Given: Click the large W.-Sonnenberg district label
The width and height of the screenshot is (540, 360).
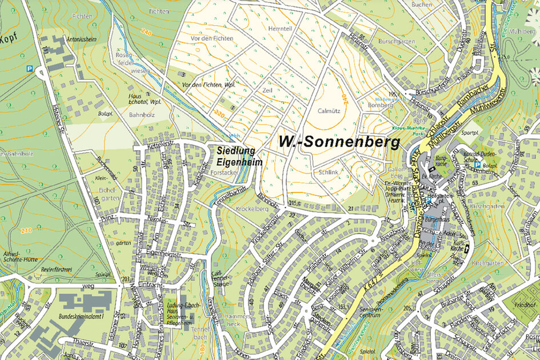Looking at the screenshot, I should [339, 142].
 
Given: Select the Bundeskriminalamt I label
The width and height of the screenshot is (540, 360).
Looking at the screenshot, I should [82, 315].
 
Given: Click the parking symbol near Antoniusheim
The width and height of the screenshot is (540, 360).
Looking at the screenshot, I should [29, 68].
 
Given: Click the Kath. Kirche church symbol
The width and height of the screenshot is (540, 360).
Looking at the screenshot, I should [467, 249].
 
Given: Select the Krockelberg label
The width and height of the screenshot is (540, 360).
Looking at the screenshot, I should [250, 210].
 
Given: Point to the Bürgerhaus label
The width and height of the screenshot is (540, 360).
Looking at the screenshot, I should [437, 218].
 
